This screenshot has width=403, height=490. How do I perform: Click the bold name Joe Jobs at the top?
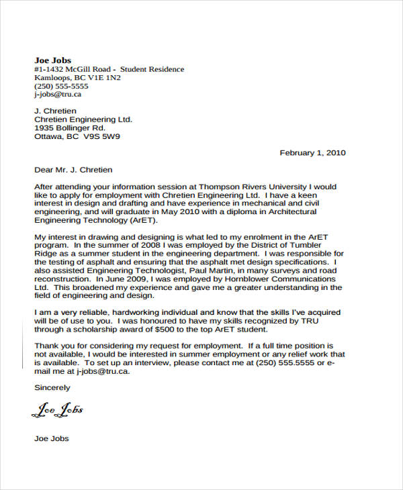(52, 60)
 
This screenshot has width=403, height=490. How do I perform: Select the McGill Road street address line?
(109, 69)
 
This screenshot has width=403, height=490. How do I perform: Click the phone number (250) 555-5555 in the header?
(61, 87)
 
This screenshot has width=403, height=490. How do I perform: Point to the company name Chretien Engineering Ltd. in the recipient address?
(83, 119)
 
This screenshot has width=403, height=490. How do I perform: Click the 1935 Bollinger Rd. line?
(70, 128)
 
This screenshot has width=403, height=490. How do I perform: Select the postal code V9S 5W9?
(101, 137)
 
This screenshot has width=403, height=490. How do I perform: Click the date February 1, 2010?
(312, 153)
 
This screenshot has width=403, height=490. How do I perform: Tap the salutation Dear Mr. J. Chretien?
(73, 170)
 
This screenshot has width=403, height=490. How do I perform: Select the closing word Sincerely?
(52, 388)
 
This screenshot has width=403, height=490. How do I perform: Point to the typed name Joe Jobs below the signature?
(51, 439)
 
